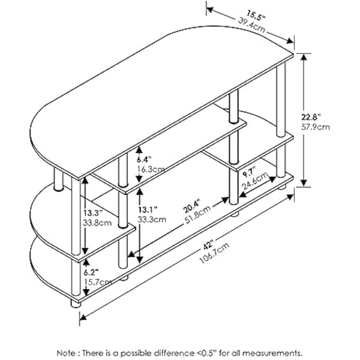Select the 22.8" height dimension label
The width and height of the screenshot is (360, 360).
[x=321, y=116]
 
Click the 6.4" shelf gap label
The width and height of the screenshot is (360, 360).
[x=142, y=160]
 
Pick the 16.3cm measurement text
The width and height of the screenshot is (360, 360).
[x=150, y=170]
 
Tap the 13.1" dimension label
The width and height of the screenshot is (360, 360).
[x=147, y=209]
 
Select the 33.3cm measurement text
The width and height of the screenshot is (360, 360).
[x=150, y=220]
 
